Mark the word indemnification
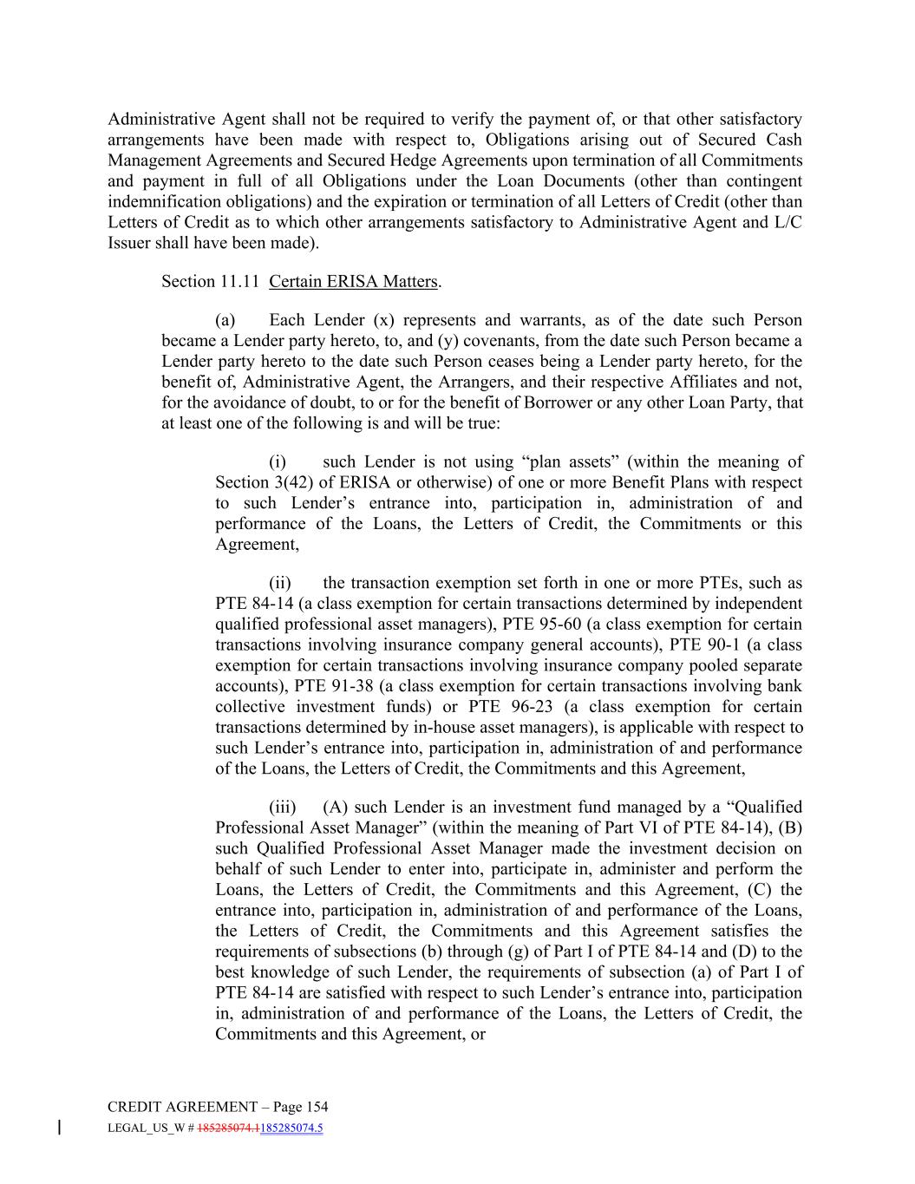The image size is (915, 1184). (161, 201)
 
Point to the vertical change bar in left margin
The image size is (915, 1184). (59, 1128)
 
